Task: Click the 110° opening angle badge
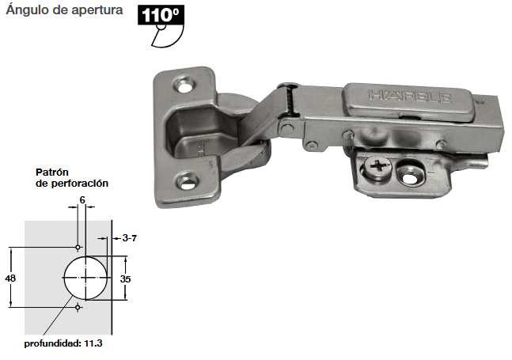point(161,15)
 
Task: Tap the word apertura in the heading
point(97,10)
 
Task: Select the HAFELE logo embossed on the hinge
point(410,96)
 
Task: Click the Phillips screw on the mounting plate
point(377,166)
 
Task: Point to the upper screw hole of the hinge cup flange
point(186,85)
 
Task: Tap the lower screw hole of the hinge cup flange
point(188,183)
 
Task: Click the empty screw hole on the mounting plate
point(410,176)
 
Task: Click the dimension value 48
point(10,279)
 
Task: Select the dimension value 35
point(125,279)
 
